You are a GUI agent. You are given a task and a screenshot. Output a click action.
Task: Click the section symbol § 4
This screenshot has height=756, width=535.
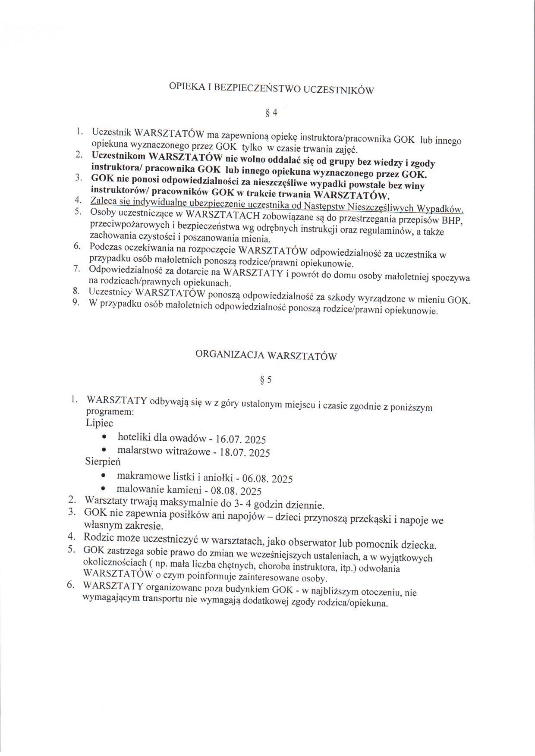(271, 113)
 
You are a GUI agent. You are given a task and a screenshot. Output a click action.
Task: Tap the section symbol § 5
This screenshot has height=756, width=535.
(266, 380)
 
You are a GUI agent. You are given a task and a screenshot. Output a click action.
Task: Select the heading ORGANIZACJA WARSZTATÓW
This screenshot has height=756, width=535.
(266, 356)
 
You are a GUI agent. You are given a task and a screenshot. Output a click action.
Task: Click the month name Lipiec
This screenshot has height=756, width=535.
(100, 423)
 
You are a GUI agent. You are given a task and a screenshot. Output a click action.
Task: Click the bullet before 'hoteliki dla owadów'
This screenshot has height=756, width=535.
(105, 437)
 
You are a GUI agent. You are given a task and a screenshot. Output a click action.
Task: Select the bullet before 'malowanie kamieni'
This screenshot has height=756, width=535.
(103, 489)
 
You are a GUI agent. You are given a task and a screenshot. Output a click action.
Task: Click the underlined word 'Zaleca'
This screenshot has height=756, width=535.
(102, 201)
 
